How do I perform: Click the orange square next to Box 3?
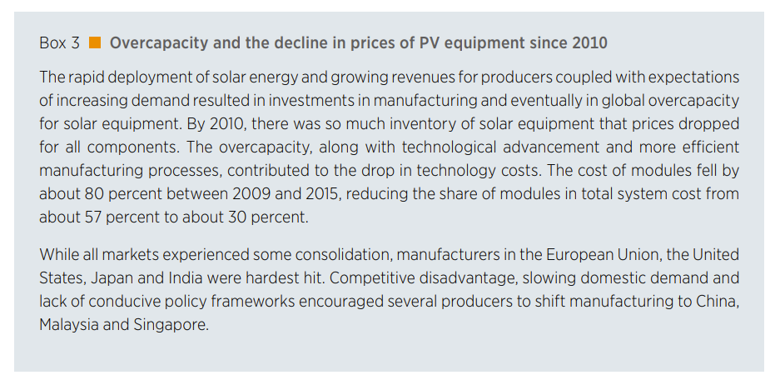[x=96, y=42]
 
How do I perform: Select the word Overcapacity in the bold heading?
[x=156, y=42]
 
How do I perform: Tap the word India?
[x=166, y=277]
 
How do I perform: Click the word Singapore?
[x=171, y=325]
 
